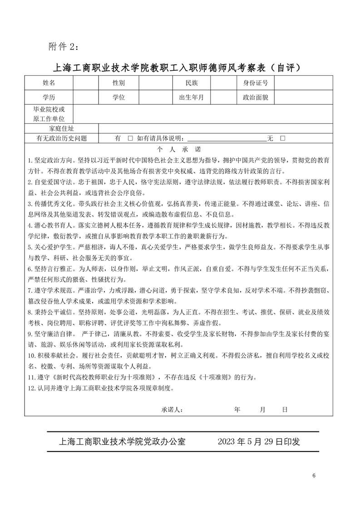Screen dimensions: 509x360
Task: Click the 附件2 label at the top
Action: (63, 46)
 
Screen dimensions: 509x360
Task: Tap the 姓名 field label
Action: (49, 83)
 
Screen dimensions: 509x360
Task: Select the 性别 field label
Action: (118, 83)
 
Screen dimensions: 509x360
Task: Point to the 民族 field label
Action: (192, 83)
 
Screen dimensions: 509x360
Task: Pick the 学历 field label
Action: (49, 97)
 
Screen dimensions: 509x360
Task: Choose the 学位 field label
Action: (118, 97)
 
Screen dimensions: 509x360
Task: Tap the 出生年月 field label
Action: (192, 97)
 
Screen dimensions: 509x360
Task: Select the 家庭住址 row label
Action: (61, 129)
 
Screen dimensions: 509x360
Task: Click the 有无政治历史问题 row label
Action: (61, 138)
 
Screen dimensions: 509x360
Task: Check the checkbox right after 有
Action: (130, 138)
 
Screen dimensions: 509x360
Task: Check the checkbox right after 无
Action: (282, 138)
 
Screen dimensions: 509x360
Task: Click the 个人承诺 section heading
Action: (179, 149)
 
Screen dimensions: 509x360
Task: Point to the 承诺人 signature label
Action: (172, 410)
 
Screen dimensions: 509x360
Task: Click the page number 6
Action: (314, 475)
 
